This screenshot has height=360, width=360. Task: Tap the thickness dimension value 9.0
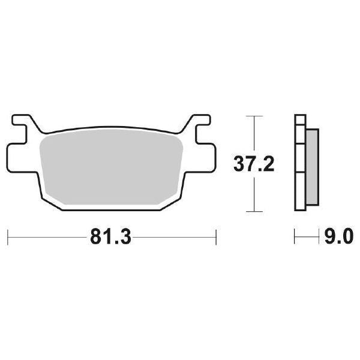click(x=336, y=235)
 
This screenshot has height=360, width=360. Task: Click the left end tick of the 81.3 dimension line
click(x=7, y=236)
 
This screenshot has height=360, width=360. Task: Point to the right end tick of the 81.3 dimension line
click(x=215, y=236)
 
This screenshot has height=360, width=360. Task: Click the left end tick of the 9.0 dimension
click(x=295, y=236)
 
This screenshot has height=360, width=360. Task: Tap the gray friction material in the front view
click(x=111, y=168)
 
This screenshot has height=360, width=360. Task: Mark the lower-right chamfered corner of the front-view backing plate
click(x=174, y=201)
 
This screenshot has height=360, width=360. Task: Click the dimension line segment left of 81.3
click(x=48, y=236)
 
